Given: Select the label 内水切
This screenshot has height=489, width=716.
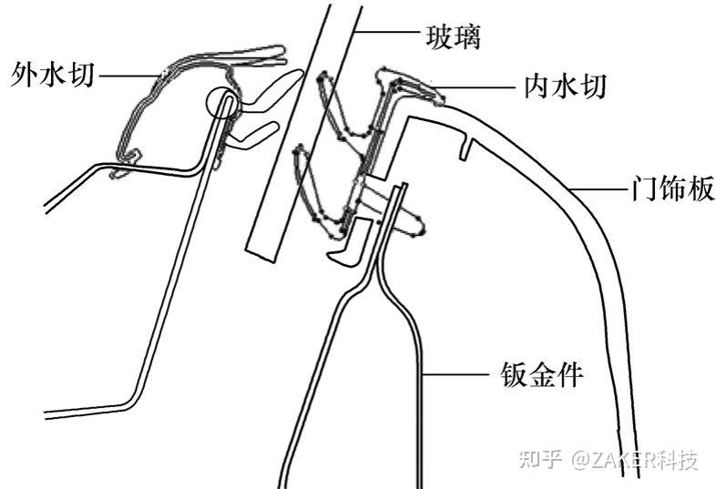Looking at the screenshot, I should click(566, 87).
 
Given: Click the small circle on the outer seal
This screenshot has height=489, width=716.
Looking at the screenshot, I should click(223, 103).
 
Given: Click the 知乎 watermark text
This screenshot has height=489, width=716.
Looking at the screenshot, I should click(539, 459).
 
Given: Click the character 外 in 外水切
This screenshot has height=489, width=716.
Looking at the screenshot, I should click(25, 73).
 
